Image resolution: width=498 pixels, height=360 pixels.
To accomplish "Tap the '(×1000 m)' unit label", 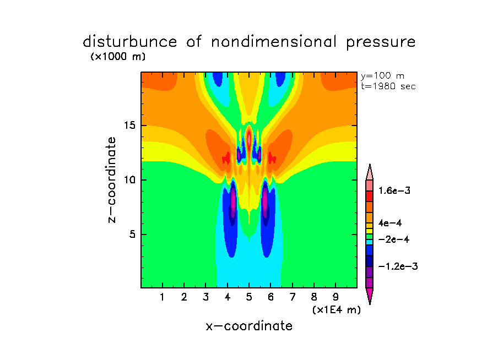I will click(x=117, y=57).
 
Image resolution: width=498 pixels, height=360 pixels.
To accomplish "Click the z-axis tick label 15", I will click(x=130, y=126).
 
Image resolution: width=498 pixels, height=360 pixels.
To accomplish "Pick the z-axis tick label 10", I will click(x=130, y=180).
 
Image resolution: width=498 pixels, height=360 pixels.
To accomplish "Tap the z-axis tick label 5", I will click(x=132, y=234).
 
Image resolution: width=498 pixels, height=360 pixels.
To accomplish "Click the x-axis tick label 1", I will click(x=163, y=298).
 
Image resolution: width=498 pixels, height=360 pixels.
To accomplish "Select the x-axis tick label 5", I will click(x=249, y=298).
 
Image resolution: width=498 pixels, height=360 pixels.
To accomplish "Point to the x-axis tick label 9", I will click(x=335, y=298).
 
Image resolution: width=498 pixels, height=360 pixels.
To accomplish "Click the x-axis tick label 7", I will click(x=293, y=298).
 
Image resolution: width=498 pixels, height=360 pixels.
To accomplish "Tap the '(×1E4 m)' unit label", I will click(x=336, y=310).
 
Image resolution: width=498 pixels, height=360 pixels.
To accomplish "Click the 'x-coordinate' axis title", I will click(x=249, y=326).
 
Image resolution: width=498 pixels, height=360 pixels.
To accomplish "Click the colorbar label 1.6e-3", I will click(x=394, y=190).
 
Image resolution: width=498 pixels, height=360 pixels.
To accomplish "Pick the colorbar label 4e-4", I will click(x=391, y=223).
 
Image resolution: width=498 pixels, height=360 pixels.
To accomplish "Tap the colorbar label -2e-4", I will click(x=393, y=239).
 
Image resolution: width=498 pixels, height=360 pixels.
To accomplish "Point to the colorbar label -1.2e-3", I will click(x=398, y=266).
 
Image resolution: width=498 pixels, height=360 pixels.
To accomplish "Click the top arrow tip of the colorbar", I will click(x=370, y=165).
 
